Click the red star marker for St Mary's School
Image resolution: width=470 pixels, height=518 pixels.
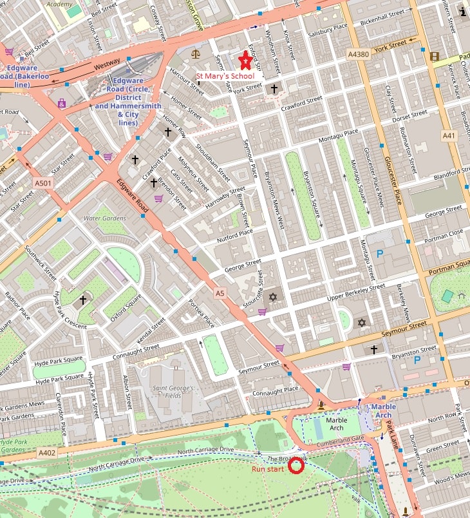pyautogui.click(x=245, y=61)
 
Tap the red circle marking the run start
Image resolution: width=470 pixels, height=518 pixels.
pyautogui.click(x=296, y=466)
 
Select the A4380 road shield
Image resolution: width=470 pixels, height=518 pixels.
pyautogui.click(x=357, y=54)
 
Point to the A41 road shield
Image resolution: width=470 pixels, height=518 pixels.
pyautogui.click(x=449, y=136)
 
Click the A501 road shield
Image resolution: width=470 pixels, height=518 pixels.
pyautogui.click(x=43, y=184)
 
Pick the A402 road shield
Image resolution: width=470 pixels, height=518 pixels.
pyautogui.click(x=46, y=453)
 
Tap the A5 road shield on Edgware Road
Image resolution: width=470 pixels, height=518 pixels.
pyautogui.click(x=220, y=293)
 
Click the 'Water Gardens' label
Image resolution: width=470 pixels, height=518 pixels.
pyautogui.click(x=105, y=218)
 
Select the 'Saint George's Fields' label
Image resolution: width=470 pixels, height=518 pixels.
pyautogui.click(x=171, y=393)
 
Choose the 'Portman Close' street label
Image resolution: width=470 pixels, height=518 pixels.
pyautogui.click(x=443, y=235)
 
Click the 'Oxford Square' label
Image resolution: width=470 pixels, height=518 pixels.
pyautogui.click(x=125, y=308)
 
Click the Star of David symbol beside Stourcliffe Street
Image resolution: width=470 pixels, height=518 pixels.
pyautogui.click(x=272, y=297)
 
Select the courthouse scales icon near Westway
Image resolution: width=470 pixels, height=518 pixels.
pyautogui.click(x=196, y=55)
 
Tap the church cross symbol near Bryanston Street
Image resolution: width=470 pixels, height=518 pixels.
pyautogui.click(x=373, y=349)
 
